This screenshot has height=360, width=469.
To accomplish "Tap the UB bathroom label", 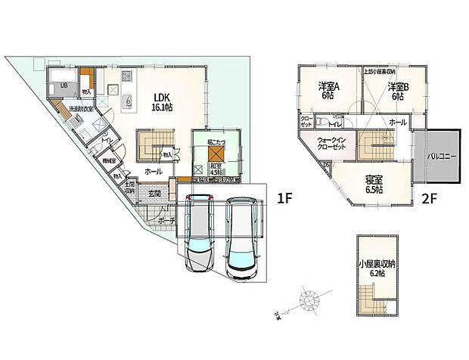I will click(65, 86).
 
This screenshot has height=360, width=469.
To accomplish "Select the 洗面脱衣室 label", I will click(81, 110).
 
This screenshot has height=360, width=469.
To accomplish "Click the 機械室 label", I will click(109, 161).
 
